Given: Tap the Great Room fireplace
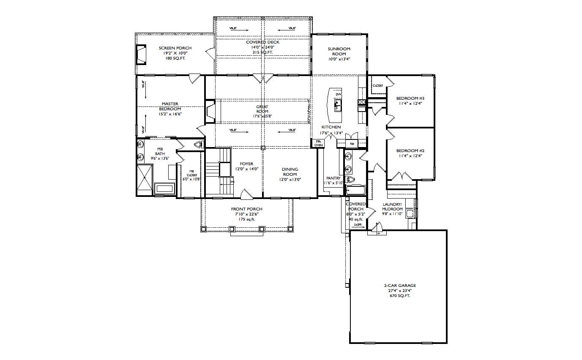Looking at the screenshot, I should tap(210, 111).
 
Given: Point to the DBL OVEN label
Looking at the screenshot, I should tap(318, 143).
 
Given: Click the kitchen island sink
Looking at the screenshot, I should tap(338, 103).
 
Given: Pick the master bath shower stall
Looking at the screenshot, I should tap(144, 180).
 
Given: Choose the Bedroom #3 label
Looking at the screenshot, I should tap(410, 98).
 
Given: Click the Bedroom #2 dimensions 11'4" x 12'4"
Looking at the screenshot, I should tap(410, 156).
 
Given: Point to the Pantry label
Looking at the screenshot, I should tap(333, 178).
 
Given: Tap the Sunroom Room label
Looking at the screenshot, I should tap(339, 51).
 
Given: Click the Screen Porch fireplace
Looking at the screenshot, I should tap(141, 54).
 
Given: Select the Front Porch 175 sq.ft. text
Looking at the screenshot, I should tap(246, 219).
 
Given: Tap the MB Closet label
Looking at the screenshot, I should tap(192, 173).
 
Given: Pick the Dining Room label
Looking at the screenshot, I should tap(290, 172).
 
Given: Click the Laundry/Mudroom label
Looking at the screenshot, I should tap(392, 207).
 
